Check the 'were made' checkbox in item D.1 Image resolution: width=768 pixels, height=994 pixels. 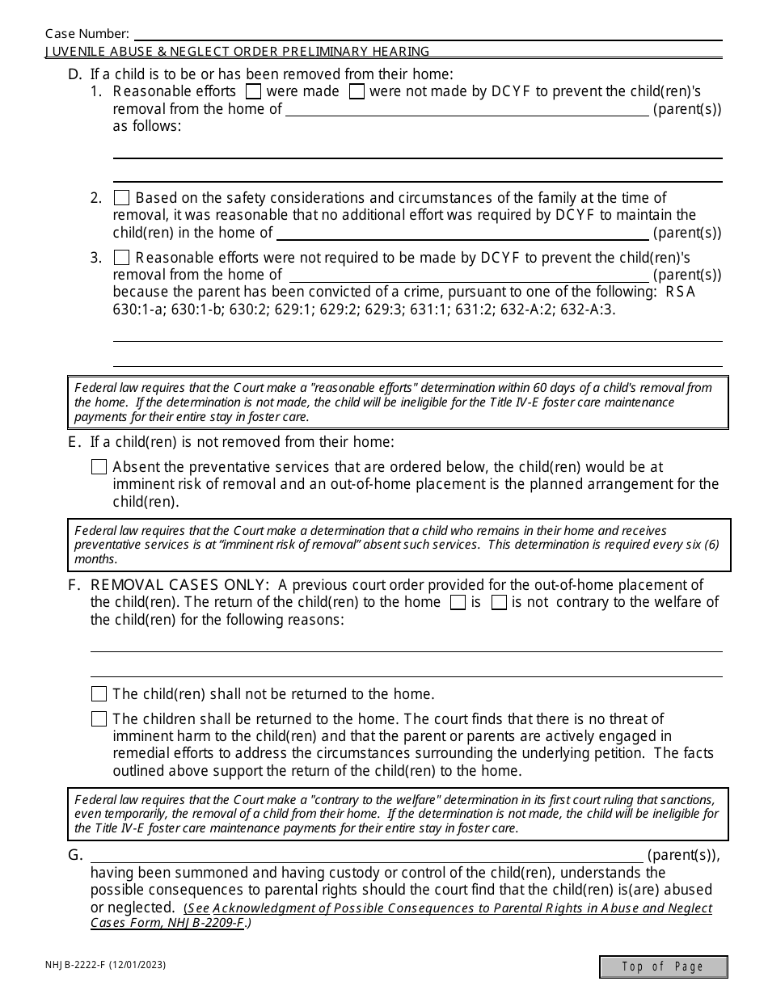253,92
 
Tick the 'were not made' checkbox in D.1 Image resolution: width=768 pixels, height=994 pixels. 357,92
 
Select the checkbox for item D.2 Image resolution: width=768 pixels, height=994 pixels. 122,198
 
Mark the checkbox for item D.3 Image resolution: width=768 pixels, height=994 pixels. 122,258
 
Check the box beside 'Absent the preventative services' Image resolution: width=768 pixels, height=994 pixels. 99,467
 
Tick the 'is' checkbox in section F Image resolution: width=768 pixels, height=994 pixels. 458,603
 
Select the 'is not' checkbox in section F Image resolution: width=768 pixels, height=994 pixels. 499,603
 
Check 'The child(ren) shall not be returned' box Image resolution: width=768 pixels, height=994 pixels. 99,694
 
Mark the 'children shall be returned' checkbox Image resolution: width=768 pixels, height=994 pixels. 99,719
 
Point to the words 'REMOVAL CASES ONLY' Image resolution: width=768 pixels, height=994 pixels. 179,585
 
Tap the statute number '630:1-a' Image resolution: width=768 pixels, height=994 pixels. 135,310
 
